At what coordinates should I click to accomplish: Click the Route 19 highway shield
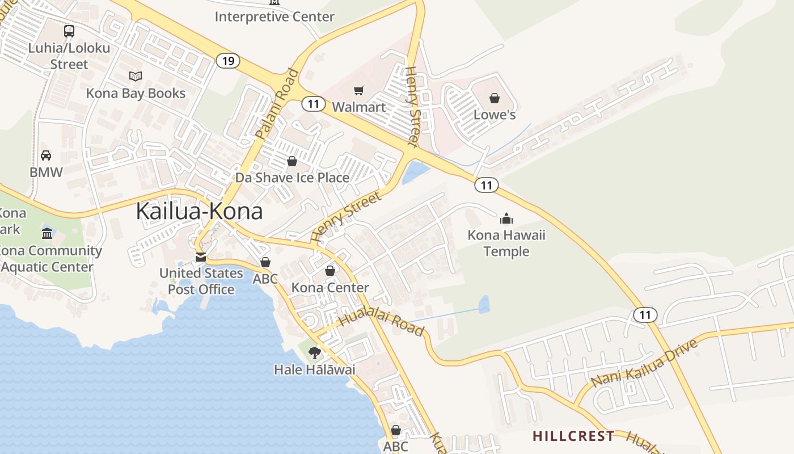tap(228, 61)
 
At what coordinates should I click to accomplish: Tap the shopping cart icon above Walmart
tap(358, 91)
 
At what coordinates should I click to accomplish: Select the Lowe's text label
tap(495, 115)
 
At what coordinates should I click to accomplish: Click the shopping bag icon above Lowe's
tap(495, 99)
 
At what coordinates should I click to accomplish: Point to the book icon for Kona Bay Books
tap(135, 76)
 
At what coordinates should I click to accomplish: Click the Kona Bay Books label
tap(136, 93)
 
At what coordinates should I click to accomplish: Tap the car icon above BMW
tap(46, 155)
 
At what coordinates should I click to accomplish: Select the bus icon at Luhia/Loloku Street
tap(69, 31)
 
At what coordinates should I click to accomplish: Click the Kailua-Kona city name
tap(199, 211)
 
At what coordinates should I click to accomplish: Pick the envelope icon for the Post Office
tap(200, 257)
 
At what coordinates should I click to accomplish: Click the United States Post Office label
tap(201, 281)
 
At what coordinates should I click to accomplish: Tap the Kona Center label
tap(330, 288)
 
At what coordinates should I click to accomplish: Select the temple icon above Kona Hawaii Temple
tap(506, 218)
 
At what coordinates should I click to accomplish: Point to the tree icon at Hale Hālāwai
tap(314, 353)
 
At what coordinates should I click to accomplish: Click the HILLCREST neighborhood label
tap(573, 436)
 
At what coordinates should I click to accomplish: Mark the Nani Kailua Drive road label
tap(643, 364)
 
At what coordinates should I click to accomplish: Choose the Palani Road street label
tap(277, 104)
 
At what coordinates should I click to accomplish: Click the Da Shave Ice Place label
tap(292, 178)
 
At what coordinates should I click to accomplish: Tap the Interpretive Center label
tap(274, 16)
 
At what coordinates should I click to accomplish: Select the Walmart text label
tap(358, 107)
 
